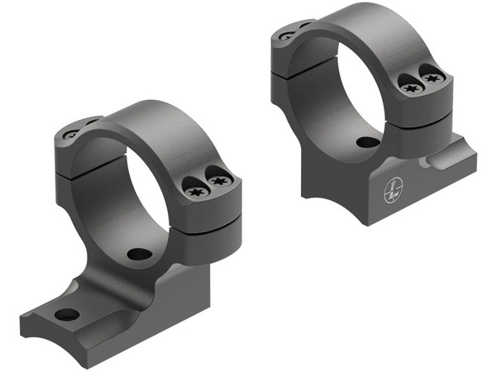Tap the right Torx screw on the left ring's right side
tap(219, 181)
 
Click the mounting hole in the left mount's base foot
tap(67, 314)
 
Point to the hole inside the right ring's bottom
tap(368, 141)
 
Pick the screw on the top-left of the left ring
tap(71, 133)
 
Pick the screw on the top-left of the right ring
tap(286, 36)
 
